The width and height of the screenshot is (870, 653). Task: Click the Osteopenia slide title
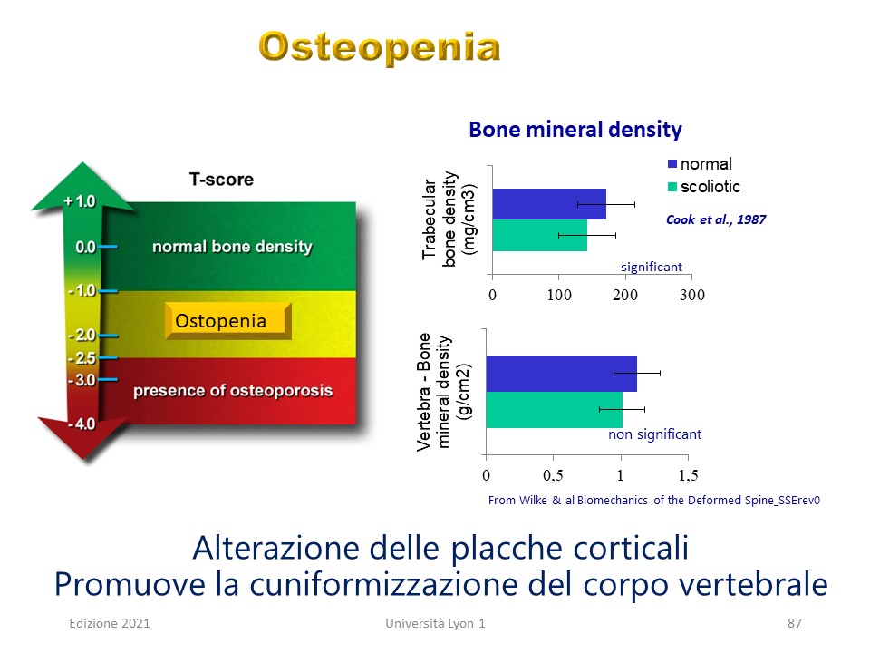click(380, 48)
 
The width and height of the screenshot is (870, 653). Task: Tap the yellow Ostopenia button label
click(221, 321)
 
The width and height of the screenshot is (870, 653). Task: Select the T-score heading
click(221, 180)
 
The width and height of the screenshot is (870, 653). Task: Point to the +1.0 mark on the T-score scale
click(80, 201)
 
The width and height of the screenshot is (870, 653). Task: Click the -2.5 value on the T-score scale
click(82, 358)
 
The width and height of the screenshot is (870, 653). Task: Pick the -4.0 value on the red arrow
click(82, 424)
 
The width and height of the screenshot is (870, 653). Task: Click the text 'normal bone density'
click(233, 247)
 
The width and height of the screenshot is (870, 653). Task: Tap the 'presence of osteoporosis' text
click(233, 391)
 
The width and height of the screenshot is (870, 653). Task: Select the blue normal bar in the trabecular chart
click(549, 204)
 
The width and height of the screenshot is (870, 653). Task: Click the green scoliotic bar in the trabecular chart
click(540, 236)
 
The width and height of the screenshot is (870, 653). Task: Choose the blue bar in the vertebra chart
click(562, 374)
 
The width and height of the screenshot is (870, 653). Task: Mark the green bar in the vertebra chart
click(555, 410)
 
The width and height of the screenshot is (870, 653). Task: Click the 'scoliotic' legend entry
click(704, 187)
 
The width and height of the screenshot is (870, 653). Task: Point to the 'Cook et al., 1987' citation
click(716, 219)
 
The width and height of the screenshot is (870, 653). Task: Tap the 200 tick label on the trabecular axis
click(625, 295)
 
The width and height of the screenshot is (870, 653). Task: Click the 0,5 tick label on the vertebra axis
click(553, 475)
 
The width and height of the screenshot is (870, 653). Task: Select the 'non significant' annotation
click(654, 434)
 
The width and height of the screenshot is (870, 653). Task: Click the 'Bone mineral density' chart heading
click(575, 130)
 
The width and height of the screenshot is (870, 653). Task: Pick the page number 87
click(795, 623)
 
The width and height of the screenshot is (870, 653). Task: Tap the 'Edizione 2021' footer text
click(110, 623)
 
